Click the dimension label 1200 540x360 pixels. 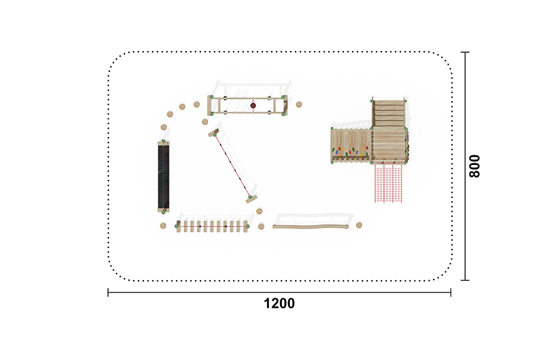279,304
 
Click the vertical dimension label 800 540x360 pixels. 475,166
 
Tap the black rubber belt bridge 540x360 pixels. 164,176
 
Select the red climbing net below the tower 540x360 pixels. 388,183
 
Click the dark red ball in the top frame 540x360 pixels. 253,106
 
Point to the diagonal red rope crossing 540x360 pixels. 233,166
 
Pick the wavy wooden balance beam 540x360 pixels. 311,226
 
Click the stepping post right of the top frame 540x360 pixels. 299,104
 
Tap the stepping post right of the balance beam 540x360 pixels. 359,226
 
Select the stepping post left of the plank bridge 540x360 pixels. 163,226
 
